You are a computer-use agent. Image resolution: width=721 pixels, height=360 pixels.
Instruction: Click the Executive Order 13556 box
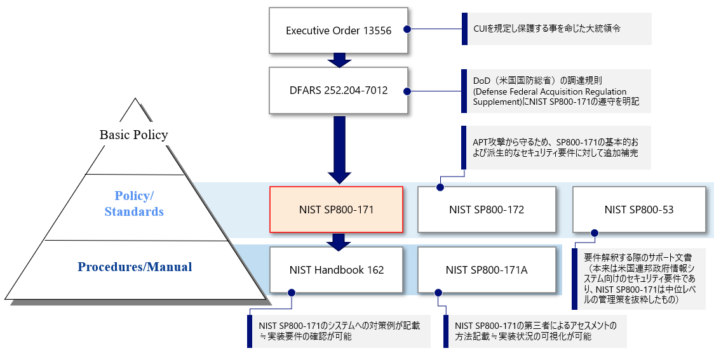(338, 30)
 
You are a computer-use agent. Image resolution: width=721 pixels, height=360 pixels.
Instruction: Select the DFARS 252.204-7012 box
(338, 91)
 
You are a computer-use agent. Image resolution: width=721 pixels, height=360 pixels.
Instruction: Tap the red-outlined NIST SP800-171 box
(337, 210)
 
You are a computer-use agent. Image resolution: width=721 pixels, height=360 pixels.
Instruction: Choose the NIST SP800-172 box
(486, 210)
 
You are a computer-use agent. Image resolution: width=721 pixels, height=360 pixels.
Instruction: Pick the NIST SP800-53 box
(638, 210)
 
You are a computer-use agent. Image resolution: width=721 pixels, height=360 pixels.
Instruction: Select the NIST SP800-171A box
(486, 270)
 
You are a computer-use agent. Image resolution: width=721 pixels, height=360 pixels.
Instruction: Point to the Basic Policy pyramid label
(133, 135)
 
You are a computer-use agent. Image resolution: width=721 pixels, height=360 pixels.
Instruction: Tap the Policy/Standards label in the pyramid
(134, 204)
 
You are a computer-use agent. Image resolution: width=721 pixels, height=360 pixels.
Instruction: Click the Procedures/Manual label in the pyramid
(135, 267)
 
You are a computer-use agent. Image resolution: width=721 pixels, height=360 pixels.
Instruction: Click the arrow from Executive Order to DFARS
(339, 60)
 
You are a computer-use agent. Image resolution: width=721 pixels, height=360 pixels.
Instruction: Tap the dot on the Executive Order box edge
(407, 29)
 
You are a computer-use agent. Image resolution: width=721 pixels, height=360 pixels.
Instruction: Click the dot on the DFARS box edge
(407, 91)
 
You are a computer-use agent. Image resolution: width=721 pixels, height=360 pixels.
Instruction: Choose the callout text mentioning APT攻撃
(556, 148)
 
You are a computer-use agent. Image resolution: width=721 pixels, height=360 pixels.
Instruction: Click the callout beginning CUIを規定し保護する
(556, 29)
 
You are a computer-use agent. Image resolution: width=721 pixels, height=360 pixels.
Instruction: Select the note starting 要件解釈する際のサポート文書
(642, 279)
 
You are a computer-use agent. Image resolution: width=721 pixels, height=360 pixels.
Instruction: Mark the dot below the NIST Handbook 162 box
(292, 293)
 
